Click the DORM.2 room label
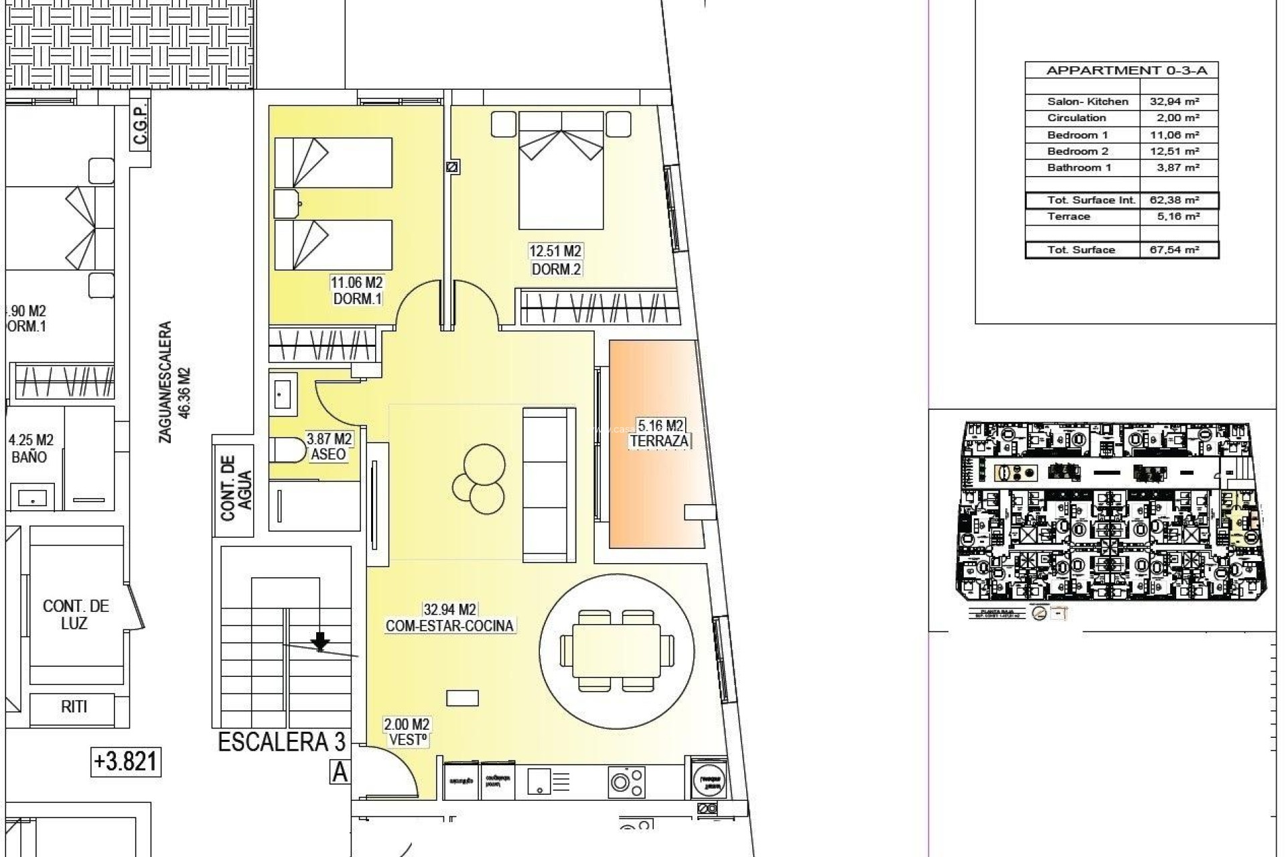(556, 269)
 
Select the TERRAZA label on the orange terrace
(659, 441)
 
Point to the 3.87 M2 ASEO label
(329, 447)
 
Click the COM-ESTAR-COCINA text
(449, 625)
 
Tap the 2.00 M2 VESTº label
(407, 732)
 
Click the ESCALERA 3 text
(282, 742)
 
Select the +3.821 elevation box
(126, 761)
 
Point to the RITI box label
(74, 706)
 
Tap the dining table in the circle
(616, 650)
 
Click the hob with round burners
(627, 781)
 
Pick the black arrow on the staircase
(321, 641)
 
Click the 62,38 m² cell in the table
(1178, 200)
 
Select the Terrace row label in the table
(1069, 216)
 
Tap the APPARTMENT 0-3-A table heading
(1121, 70)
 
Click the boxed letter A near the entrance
(340, 773)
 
